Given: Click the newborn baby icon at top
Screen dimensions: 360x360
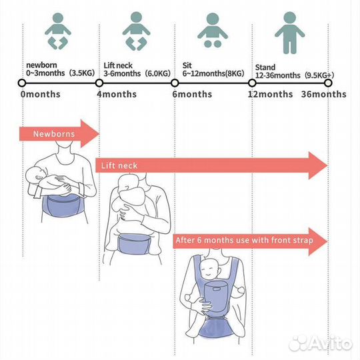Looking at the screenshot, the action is coord(58,31).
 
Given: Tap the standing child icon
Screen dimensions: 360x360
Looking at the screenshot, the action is coord(290,33).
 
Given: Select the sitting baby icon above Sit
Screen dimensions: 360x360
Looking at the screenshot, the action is coord(213,30).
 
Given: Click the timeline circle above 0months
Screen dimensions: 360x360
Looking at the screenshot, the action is coord(22,83).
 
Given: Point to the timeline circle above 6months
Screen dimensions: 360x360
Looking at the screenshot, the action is coord(175,83).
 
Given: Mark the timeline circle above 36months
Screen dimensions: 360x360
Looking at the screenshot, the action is coord(328,83).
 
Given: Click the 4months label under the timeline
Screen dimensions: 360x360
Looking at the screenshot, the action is coord(117,94).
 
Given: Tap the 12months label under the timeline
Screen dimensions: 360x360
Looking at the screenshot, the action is coord(270,94).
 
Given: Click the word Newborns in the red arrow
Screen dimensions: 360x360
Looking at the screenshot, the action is coord(54,134).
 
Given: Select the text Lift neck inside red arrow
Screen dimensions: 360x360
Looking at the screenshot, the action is coord(119,165).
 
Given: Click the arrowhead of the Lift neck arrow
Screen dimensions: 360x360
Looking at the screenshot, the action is coord(318,165).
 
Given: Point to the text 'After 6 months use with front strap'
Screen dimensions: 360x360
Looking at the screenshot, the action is coord(245,241).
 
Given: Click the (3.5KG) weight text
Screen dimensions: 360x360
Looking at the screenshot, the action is coord(82,73).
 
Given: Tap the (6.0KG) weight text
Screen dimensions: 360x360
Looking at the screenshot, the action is coord(158,73).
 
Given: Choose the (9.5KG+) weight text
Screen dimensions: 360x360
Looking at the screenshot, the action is coord(319,75).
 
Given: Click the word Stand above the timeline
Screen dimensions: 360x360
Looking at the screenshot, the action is coord(265,67).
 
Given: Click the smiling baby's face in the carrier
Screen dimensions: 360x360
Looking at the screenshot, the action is coord(209,269).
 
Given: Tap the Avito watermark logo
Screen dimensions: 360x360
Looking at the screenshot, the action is coord(320,343).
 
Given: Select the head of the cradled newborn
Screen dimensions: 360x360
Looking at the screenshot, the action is coord(35,175).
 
